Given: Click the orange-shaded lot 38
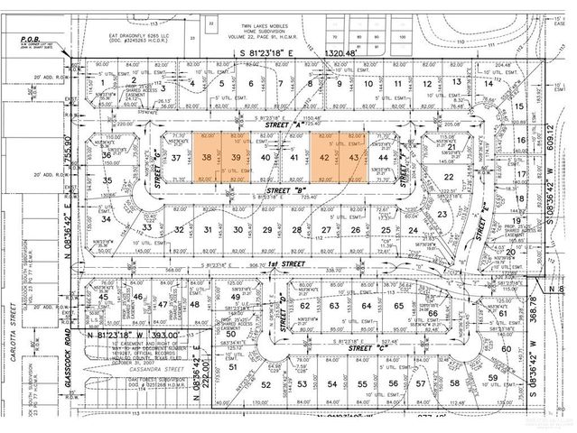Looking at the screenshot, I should coord(207,157).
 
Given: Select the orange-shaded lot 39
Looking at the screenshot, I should coord(236,157).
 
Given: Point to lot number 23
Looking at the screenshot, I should coord(442,215).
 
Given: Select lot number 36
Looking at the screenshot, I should coord(107,157).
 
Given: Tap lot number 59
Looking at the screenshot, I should coord(517,378).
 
